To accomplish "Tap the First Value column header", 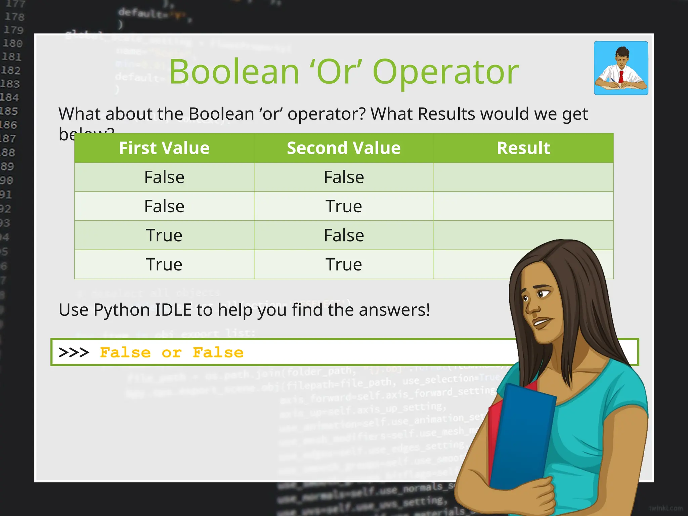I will [164, 148].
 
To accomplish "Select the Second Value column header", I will [344, 148].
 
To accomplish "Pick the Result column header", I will [523, 148].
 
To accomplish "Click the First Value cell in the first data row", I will [164, 177].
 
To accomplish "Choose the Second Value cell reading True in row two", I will [344, 206].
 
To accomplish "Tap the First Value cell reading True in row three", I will [164, 235].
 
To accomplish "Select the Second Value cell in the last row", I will [344, 264].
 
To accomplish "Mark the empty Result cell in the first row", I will [523, 177].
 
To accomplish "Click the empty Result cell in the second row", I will [523, 206].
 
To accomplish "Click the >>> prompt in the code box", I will [74, 353].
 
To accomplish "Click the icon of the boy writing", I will [621, 68].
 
